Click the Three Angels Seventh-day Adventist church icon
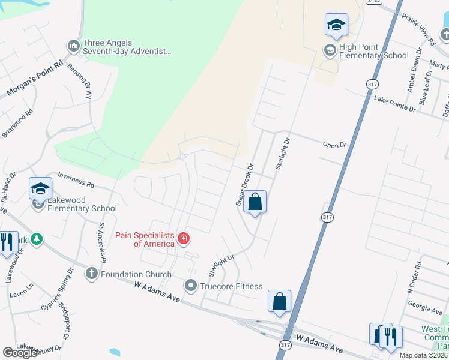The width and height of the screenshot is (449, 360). point(74,46)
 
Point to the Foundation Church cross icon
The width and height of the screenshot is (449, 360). point(91,274)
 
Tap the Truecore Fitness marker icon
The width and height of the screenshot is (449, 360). point(191,286)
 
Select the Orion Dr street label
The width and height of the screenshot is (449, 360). point(335,145)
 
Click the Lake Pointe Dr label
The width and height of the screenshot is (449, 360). point(394,103)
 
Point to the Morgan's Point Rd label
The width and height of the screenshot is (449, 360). point(34,79)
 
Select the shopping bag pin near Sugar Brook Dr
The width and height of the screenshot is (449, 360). point(255,203)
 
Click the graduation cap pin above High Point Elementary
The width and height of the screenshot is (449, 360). point(336,25)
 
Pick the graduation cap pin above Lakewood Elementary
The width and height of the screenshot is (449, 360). point(41,188)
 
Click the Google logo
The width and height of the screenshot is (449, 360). point(20,353)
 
